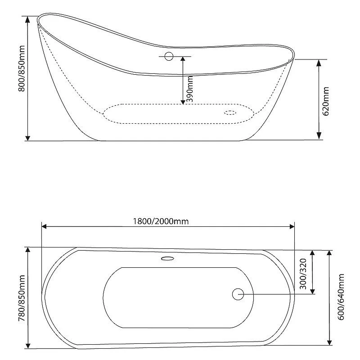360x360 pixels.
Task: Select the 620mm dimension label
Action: pyautogui.click(x=326, y=101)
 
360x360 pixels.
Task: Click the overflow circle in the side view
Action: pyautogui.click(x=169, y=56)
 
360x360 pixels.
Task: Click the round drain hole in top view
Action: pyautogui.click(x=238, y=294)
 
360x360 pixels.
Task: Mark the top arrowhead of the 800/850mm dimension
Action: pyautogui.click(x=28, y=19)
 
